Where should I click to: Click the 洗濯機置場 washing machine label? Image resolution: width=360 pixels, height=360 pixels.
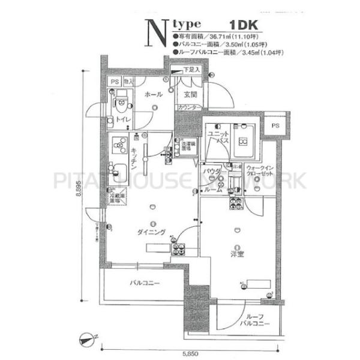pos(187,145)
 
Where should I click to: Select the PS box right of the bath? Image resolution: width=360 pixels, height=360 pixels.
pos(275,125)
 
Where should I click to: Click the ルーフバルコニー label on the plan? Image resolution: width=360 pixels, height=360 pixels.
pos(248,323)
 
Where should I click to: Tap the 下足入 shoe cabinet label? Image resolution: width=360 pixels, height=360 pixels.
pos(191,70)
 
